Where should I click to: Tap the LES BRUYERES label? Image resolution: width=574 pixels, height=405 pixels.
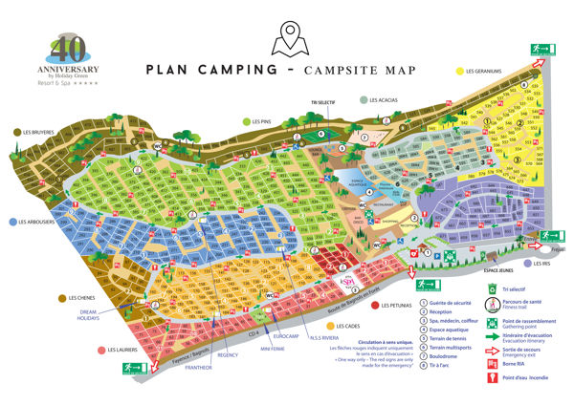click(x=35, y=133)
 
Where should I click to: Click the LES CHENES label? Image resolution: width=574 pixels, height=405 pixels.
click(x=84, y=297)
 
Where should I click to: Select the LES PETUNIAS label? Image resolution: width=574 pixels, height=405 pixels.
click(x=403, y=306)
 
